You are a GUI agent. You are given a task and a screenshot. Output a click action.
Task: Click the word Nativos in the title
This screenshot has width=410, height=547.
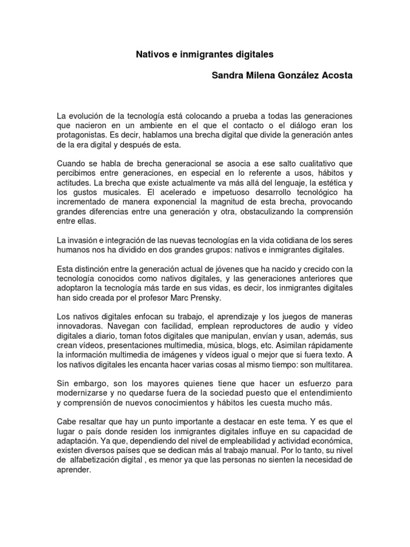pyautogui.click(x=147, y=54)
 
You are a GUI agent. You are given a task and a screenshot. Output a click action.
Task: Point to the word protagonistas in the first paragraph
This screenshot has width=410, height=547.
pyautogui.click(x=81, y=135)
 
